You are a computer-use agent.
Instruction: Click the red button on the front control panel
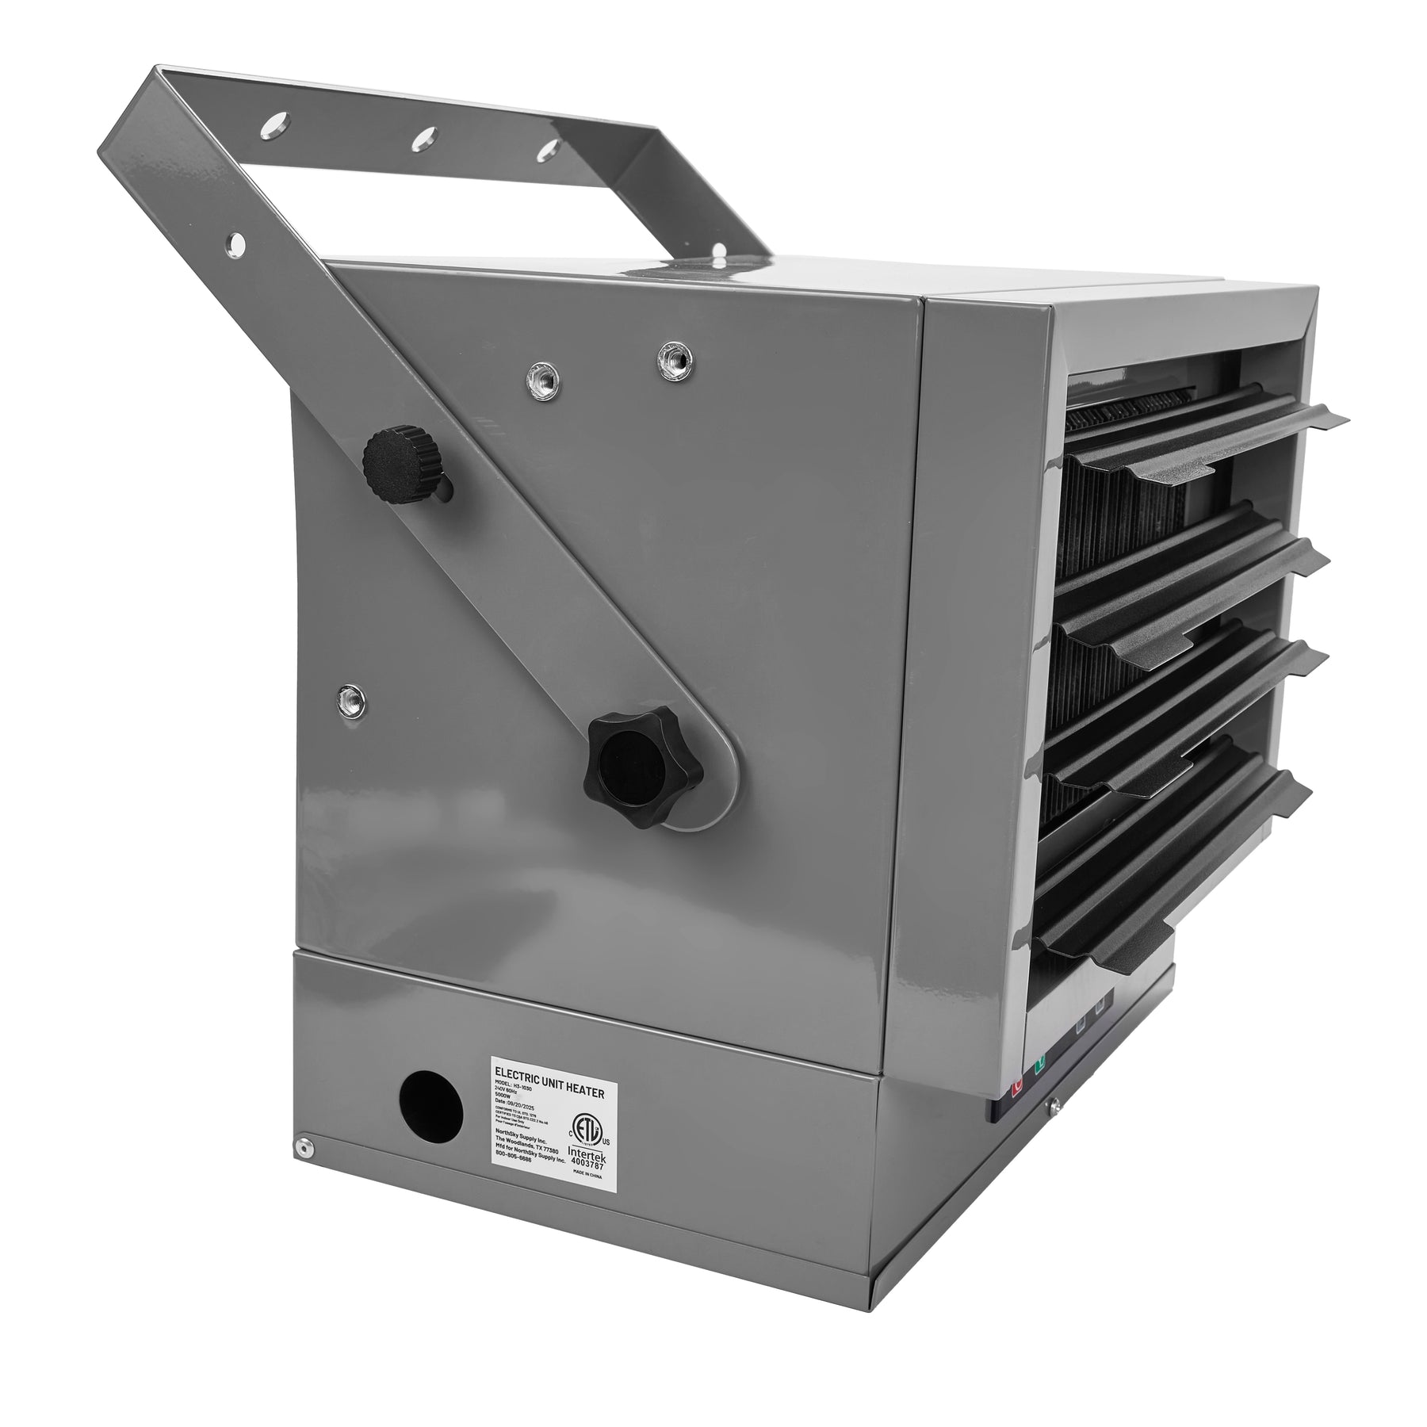(x=1018, y=1082)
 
